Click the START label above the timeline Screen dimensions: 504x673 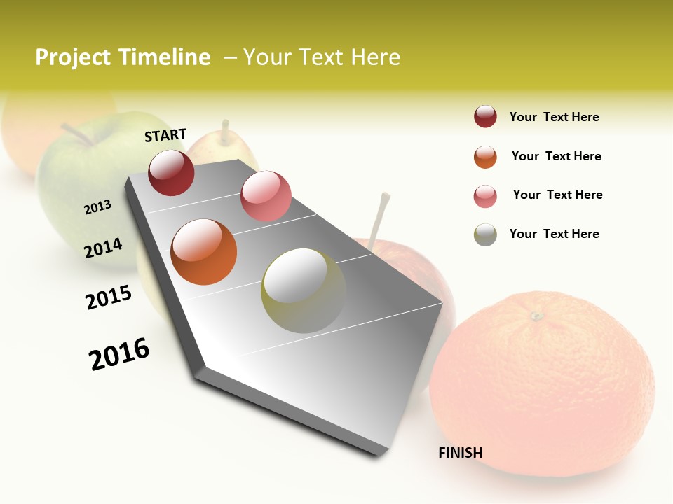tap(165, 135)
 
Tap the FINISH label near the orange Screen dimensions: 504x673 tap(461, 453)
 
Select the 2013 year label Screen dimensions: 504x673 tap(98, 206)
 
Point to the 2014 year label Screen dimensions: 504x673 tap(104, 248)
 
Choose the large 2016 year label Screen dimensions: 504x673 tap(119, 353)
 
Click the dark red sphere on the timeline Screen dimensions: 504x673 tap(171, 172)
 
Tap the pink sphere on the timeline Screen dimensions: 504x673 tap(266, 196)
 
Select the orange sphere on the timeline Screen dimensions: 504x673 tap(204, 252)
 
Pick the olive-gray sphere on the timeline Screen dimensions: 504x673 tap(304, 290)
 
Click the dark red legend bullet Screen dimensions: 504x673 tap(485, 117)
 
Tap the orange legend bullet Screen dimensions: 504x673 tap(485, 157)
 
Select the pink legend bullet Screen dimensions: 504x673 tap(485, 196)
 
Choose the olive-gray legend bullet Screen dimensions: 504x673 tap(485, 234)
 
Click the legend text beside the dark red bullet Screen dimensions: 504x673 tap(554, 117)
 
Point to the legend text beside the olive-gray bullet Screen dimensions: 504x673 tap(554, 234)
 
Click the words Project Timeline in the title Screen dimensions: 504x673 tap(123, 57)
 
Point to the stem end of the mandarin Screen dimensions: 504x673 tap(537, 316)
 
